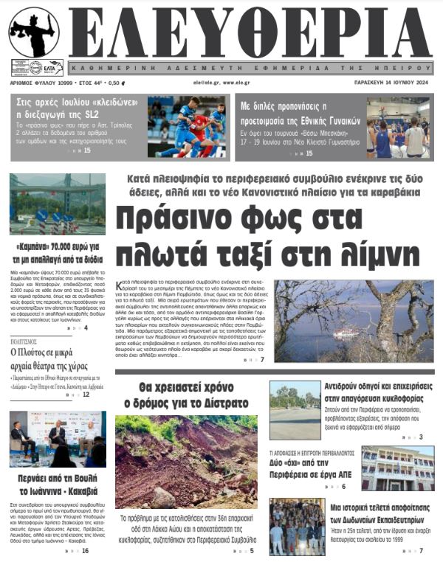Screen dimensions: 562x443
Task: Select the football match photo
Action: (186, 127)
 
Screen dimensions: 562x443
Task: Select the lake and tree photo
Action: (354, 320)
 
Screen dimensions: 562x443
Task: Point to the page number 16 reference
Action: (85, 551)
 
